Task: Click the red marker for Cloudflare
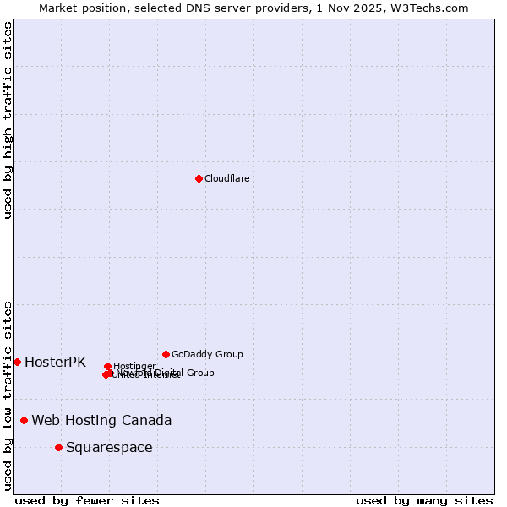(x=199, y=178)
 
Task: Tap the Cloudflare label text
(x=226, y=178)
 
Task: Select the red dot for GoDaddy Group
(x=166, y=354)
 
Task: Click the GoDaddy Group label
(x=207, y=354)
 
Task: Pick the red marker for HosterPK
(x=17, y=362)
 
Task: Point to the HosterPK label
(x=55, y=362)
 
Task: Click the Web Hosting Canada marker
(x=25, y=420)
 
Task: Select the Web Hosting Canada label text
(x=101, y=420)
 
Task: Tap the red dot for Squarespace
(x=58, y=447)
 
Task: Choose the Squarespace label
(x=109, y=447)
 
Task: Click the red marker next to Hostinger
(x=107, y=366)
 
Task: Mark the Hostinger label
(x=134, y=366)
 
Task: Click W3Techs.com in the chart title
(x=438, y=8)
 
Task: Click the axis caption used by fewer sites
(x=87, y=500)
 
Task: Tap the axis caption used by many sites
(x=424, y=500)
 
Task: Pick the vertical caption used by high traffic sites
(x=8, y=120)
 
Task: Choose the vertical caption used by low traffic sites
(x=8, y=395)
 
